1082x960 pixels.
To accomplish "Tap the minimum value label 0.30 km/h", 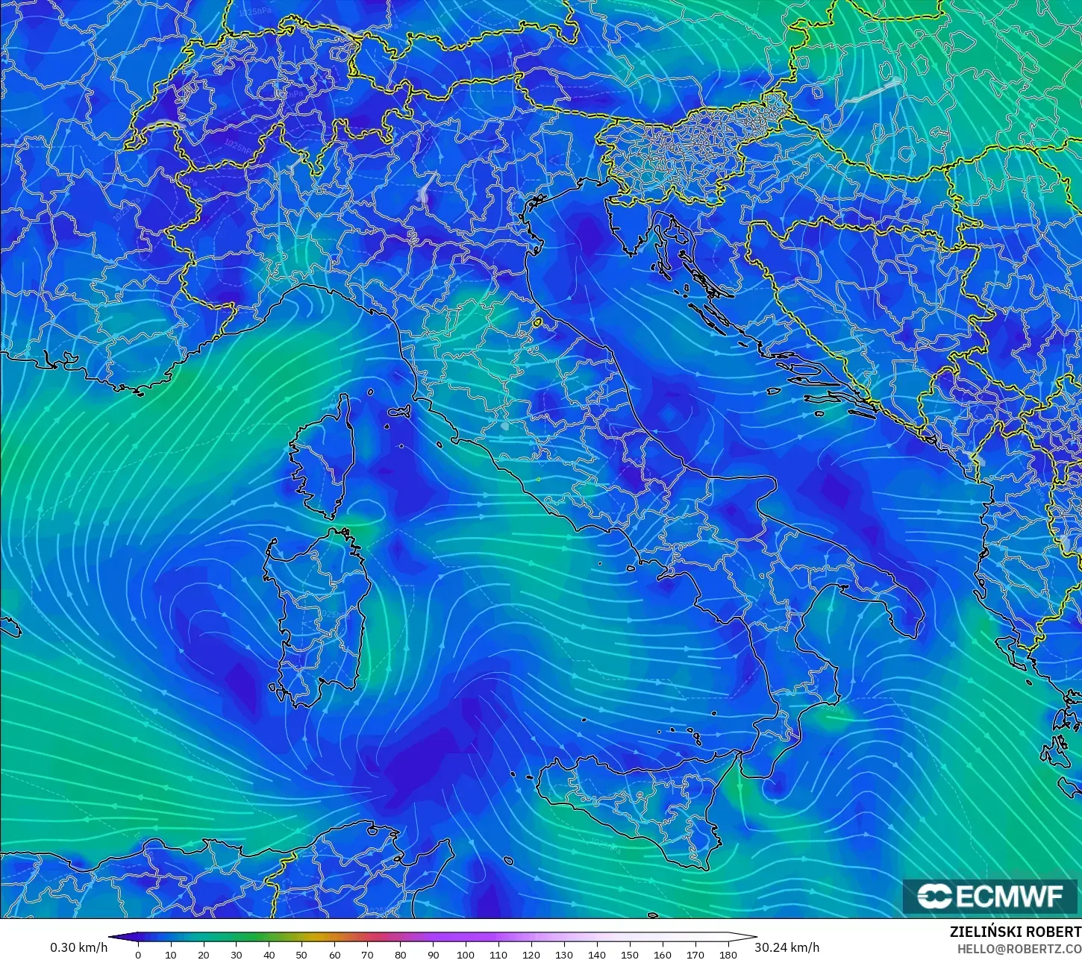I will (78, 947).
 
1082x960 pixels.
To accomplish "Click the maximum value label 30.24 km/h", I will (787, 947).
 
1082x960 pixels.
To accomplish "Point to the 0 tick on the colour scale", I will (138, 954).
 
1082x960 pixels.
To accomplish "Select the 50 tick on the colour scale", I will (301, 954).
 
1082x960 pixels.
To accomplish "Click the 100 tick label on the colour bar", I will (466, 954).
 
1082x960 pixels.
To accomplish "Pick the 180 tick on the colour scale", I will (728, 954).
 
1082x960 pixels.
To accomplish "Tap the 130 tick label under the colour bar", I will (564, 954).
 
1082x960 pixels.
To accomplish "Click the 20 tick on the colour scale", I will (203, 954).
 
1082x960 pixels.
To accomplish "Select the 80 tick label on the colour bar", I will (400, 954).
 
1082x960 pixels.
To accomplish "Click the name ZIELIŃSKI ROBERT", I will (1015, 932).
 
